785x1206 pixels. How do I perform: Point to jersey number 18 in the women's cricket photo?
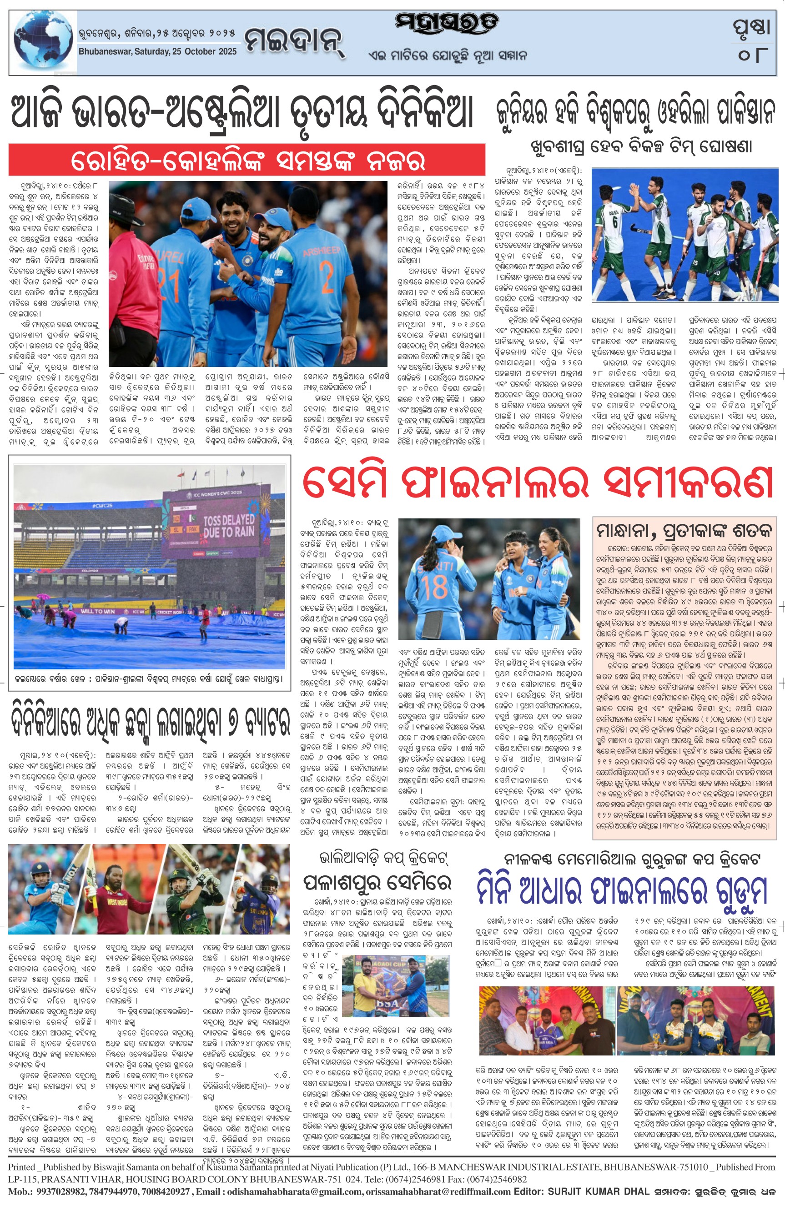tap(434, 588)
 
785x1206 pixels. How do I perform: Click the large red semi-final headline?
tap(537, 484)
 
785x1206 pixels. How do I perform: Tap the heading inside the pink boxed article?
tap(684, 531)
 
